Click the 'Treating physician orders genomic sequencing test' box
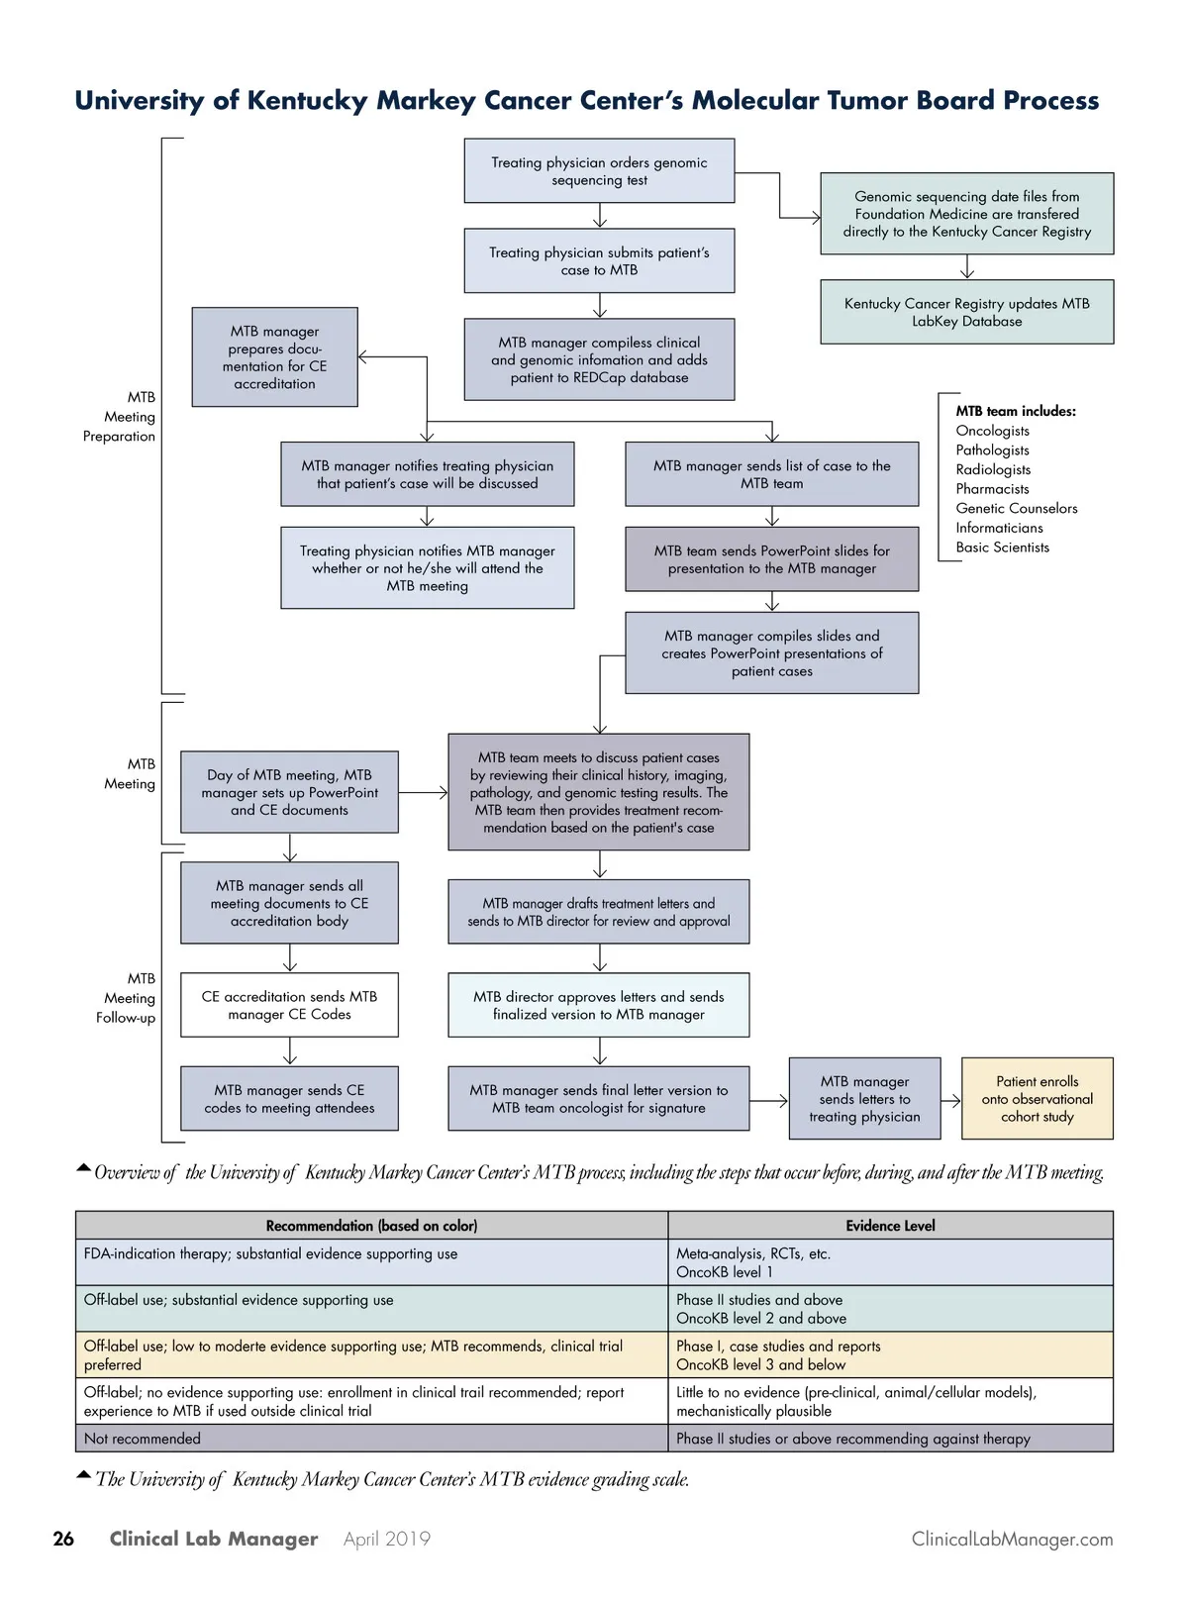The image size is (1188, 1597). click(x=599, y=171)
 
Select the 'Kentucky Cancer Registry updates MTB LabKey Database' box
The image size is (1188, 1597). click(x=966, y=313)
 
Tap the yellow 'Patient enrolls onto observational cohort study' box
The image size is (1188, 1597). click(x=1037, y=1099)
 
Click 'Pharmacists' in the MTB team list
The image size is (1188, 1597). click(x=992, y=489)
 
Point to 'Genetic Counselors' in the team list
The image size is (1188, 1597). click(x=1016, y=508)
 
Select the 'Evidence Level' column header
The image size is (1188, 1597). click(x=890, y=1226)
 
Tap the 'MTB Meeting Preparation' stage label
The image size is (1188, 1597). click(x=120, y=417)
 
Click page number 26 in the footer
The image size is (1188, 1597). click(x=63, y=1539)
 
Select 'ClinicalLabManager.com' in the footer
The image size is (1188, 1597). click(x=1012, y=1540)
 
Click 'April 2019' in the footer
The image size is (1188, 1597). click(x=387, y=1540)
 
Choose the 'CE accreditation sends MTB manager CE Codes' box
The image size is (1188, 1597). click(x=289, y=1006)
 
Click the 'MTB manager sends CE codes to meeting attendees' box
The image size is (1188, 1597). click(x=289, y=1099)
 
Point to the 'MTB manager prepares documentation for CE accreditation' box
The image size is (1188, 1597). click(x=274, y=357)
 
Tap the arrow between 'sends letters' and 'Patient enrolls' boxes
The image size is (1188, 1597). click(x=950, y=1100)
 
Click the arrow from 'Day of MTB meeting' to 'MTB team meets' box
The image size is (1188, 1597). click(x=423, y=792)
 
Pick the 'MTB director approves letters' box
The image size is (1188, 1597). click(x=598, y=1006)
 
